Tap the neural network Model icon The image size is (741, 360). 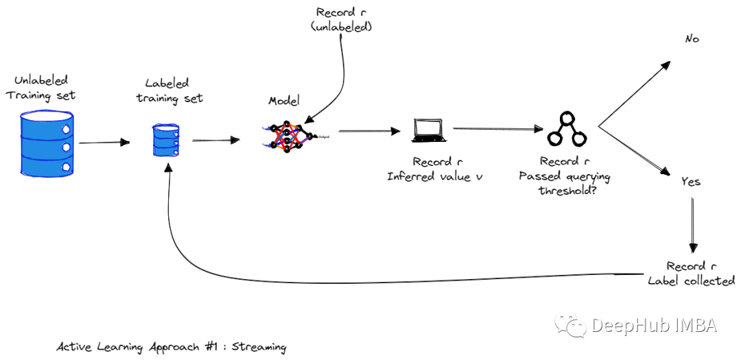click(287, 135)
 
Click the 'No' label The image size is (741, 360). click(692, 39)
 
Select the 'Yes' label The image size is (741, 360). click(690, 182)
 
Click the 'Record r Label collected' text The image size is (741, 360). click(692, 274)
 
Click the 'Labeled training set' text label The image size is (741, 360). click(169, 91)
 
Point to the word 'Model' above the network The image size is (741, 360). click(284, 101)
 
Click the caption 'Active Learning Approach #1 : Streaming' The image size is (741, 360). click(171, 347)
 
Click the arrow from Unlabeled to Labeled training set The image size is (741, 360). click(104, 143)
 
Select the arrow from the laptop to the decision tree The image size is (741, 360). click(495, 128)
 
